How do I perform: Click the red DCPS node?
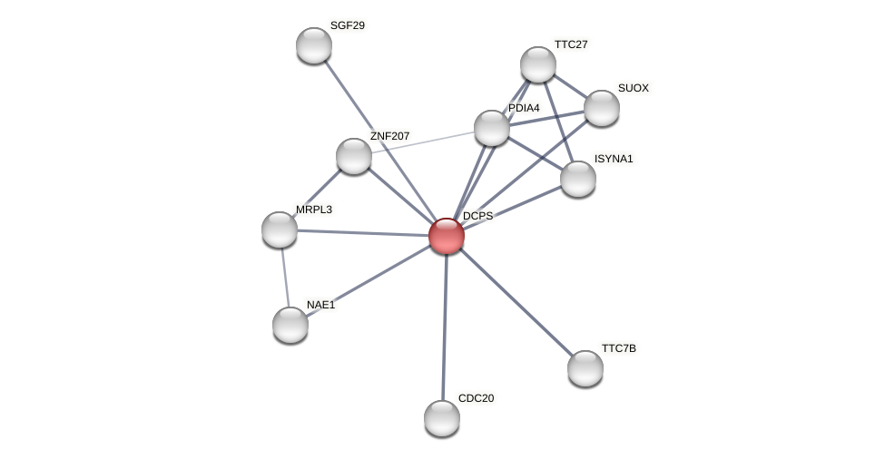(447, 236)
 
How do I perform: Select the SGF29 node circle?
(314, 45)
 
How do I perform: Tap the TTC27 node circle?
(538, 64)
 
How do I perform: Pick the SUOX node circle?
(602, 108)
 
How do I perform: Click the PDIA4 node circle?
(492, 128)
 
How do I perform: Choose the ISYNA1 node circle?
(578, 179)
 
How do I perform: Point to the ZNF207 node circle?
(354, 156)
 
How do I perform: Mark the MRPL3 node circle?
(280, 229)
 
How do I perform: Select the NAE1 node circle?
(290, 325)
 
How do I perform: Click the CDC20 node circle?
(442, 418)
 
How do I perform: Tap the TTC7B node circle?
(585, 368)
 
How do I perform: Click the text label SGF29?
(348, 25)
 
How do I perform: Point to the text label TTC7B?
(619, 348)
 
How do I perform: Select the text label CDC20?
(476, 398)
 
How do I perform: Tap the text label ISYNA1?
(614, 159)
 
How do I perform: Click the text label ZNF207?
(389, 136)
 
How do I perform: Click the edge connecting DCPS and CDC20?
(445, 327)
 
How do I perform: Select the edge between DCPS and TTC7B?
(516, 302)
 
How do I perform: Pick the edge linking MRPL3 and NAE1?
(284, 277)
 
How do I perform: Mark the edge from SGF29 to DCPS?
(380, 141)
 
